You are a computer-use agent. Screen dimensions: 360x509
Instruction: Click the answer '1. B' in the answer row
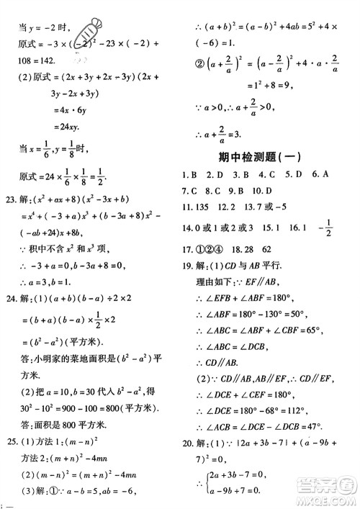click(x=189, y=175)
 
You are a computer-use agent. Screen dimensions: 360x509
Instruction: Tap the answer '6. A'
click(x=320, y=175)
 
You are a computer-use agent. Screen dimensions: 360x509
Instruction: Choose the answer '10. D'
click(x=276, y=192)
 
